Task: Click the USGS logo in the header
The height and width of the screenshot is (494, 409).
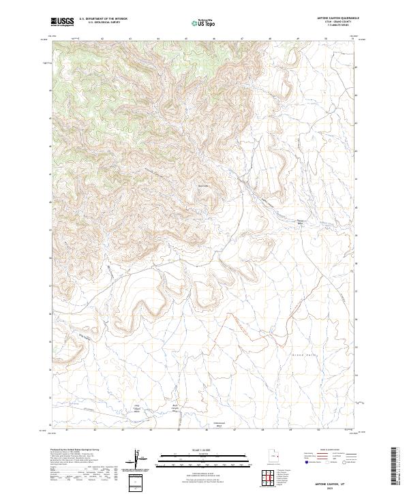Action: [63, 22]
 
